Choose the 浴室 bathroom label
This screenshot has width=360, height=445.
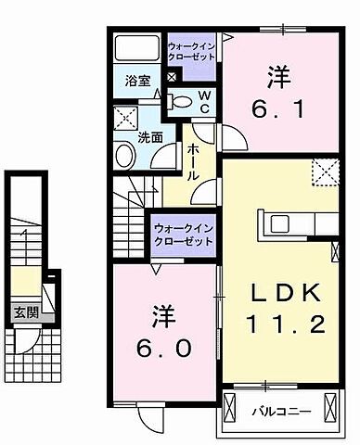coord(139,81)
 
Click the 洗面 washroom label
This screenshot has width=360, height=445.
coord(150,137)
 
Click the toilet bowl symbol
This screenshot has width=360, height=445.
coord(183,100)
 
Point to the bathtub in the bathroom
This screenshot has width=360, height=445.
coord(137,48)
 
